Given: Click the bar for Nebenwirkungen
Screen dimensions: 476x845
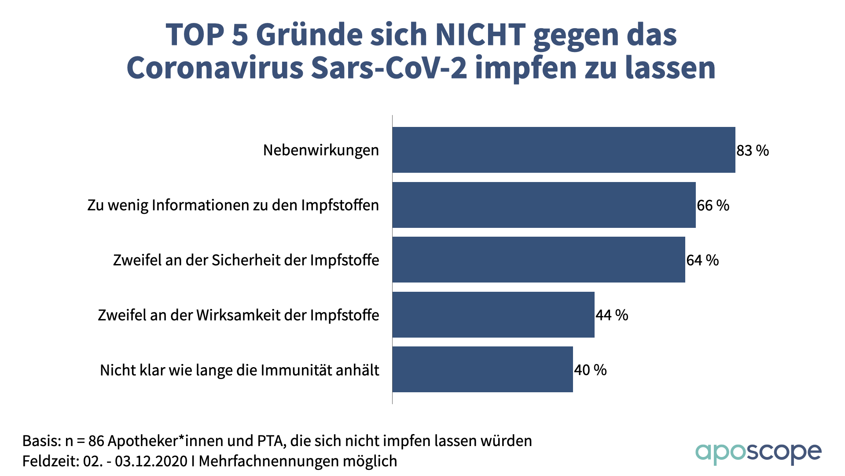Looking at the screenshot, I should point(563,150).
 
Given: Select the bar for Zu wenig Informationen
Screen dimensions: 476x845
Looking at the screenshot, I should point(544,205).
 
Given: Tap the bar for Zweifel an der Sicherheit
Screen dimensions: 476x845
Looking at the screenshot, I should point(538,260).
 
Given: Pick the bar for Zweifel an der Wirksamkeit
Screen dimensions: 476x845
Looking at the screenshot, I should point(493,315).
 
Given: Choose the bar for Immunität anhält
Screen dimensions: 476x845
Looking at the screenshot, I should point(482,369).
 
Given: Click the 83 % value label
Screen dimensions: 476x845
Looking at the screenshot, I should point(753,151).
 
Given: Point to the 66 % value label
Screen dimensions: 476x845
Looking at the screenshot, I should point(713,205).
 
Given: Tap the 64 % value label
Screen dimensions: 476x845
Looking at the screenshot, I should point(702,260).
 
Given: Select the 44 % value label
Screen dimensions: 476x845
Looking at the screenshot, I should point(612,315).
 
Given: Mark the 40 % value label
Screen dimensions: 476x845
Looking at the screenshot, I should point(590,370).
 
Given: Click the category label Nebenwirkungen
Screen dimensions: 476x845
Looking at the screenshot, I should point(321,150).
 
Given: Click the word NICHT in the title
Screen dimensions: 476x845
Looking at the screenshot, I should point(480,34).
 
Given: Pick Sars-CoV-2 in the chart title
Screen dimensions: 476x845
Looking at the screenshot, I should point(389,68).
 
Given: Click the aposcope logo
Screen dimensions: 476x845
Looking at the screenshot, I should point(758,453).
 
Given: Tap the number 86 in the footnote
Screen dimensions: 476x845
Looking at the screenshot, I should point(96,441).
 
